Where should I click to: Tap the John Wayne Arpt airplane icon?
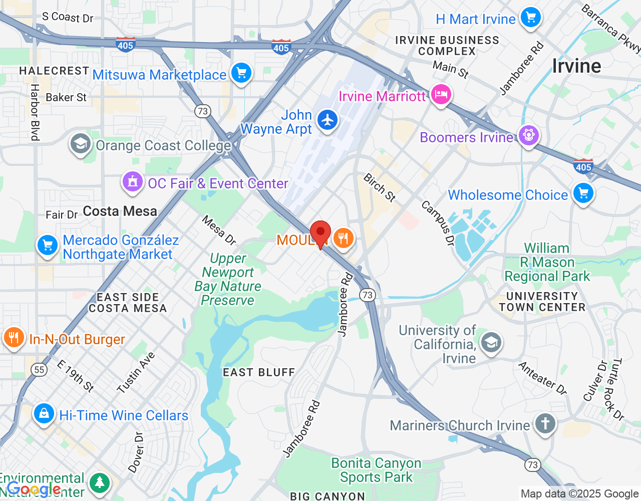pyautogui.click(x=328, y=120)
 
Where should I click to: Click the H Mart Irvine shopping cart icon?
pyautogui.click(x=530, y=18)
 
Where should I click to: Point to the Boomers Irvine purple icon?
pyautogui.click(x=528, y=135)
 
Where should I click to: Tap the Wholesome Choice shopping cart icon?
pyautogui.click(x=583, y=193)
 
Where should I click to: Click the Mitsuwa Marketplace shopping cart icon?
pyautogui.click(x=241, y=73)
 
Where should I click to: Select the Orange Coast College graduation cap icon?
pyautogui.click(x=80, y=144)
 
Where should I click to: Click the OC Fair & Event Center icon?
pyautogui.click(x=133, y=182)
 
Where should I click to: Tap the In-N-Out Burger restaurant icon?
pyautogui.click(x=14, y=338)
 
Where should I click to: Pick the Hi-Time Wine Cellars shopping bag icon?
pyautogui.click(x=44, y=414)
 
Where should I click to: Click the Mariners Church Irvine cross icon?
pyautogui.click(x=545, y=423)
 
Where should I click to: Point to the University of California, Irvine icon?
pyautogui.click(x=491, y=343)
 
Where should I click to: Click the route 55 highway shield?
pyautogui.click(x=39, y=370)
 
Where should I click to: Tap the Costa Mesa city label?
pyautogui.click(x=120, y=211)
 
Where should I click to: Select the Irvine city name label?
pyautogui.click(x=576, y=66)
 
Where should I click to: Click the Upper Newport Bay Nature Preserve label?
pyautogui.click(x=228, y=279)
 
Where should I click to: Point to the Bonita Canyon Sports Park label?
pyautogui.click(x=376, y=470)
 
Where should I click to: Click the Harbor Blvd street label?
pyautogui.click(x=35, y=112)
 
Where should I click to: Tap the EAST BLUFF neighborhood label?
pyautogui.click(x=259, y=372)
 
